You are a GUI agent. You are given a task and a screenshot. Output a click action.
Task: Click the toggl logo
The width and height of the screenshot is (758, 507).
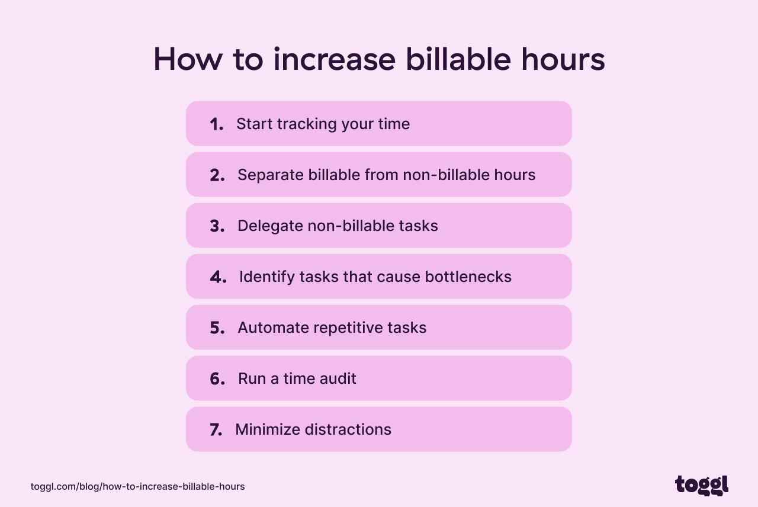(702, 485)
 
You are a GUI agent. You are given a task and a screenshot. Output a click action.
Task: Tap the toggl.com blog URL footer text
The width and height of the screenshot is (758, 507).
(137, 486)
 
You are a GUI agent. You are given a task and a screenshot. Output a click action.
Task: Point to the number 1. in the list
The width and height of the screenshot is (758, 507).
(216, 124)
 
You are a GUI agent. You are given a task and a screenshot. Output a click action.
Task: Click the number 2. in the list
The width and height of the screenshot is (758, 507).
(217, 175)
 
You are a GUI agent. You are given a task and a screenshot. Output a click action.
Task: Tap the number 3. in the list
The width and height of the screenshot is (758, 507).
(217, 226)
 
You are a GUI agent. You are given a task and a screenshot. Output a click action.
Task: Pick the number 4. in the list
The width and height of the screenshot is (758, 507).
(218, 277)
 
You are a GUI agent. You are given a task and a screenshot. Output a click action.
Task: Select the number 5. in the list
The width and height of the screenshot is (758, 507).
(217, 328)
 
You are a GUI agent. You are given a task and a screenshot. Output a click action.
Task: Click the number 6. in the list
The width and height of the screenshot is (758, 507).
(217, 378)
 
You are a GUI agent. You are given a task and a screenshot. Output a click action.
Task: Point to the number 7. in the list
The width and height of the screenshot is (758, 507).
(216, 429)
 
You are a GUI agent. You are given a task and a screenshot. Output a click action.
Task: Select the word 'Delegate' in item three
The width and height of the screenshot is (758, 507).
(270, 226)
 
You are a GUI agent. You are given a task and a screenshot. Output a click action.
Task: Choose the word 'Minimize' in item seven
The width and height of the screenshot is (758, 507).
(264, 429)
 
